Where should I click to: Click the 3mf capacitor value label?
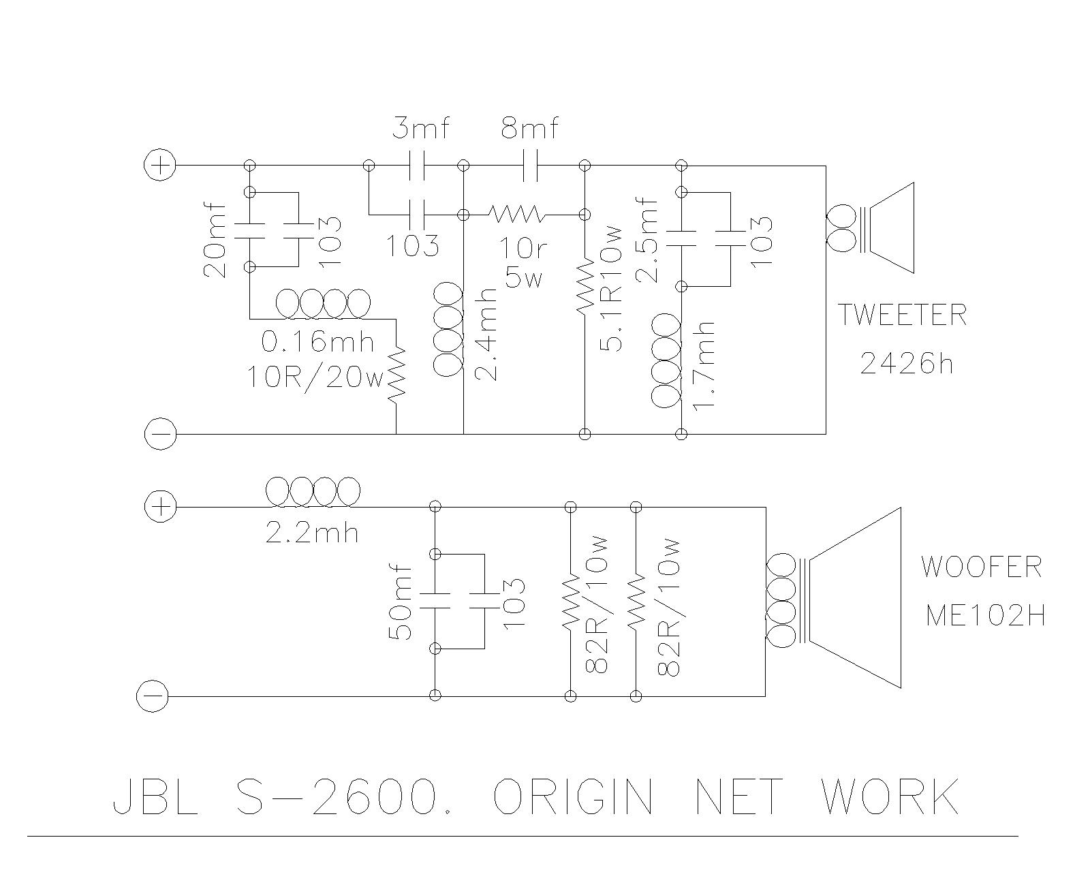point(421,128)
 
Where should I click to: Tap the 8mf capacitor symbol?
point(530,166)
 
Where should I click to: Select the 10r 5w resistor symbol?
point(516,215)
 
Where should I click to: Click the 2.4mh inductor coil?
point(448,330)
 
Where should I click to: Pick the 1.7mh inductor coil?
point(666,360)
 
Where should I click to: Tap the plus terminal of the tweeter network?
point(160,166)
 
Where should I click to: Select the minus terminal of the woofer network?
point(152,696)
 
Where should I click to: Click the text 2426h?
point(906,363)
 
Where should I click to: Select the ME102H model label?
point(984,615)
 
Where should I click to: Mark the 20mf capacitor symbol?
point(249,230)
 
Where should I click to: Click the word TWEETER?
point(901,315)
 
